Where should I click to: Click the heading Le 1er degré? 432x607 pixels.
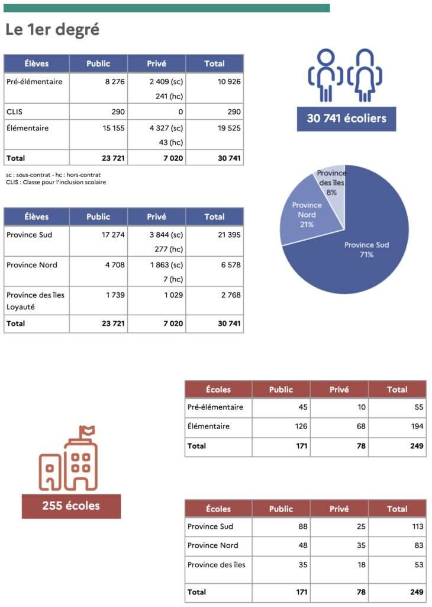52,30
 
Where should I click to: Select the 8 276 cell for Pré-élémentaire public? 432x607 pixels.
112,82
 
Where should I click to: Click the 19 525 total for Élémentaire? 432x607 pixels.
227,128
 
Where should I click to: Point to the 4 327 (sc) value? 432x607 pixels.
165,128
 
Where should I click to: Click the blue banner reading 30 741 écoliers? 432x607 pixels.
346,119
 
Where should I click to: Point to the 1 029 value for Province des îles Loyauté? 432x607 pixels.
173,295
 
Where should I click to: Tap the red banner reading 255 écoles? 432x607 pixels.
71,506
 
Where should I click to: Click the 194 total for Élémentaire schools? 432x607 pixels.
415,426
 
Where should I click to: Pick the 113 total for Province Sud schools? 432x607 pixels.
415,526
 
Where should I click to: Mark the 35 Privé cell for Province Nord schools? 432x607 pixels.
360,545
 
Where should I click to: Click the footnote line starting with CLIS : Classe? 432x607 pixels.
56,182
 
